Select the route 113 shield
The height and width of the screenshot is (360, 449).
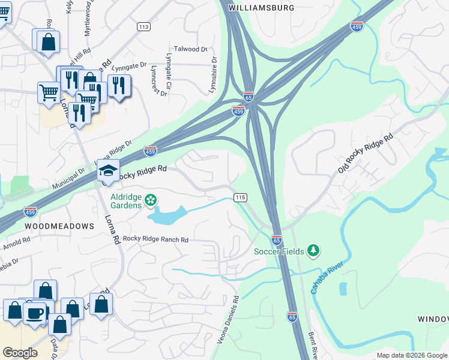(x=143, y=26)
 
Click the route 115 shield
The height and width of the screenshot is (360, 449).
(x=241, y=197)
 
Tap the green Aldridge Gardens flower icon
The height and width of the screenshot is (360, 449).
(x=151, y=199)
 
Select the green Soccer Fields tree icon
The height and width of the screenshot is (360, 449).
(x=312, y=250)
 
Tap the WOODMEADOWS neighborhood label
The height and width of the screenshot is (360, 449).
(x=59, y=226)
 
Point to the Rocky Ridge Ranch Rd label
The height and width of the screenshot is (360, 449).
(x=155, y=239)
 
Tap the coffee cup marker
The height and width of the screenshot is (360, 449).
(x=34, y=313)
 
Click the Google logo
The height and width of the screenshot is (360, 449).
(x=20, y=352)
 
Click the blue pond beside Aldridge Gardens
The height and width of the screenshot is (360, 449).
(x=168, y=215)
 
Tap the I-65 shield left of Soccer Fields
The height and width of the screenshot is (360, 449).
(x=277, y=239)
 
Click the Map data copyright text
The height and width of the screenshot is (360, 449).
(x=412, y=355)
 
